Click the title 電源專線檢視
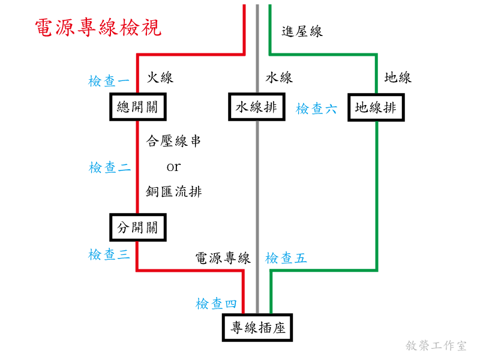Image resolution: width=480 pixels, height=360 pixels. pos(98,28)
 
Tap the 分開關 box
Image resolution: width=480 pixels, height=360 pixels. pos(137,228)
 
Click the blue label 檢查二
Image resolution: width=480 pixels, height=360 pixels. pos(109,168)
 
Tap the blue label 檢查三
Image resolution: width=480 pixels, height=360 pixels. pos(109,255)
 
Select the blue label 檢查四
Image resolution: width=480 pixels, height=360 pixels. pos(217,304)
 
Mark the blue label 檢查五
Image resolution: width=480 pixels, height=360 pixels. pos(286,259)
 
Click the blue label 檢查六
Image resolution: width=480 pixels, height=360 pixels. pos(316,109)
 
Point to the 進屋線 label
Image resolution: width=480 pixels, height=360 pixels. pos(302,32)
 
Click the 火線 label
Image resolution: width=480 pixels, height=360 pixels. pos(160,77)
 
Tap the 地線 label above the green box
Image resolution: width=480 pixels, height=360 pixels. pos(398,77)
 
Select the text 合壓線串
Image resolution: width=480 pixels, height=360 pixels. pos(174,141)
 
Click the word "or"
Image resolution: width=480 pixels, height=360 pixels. pos(173,167)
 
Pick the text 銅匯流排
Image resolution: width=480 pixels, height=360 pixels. pos(174,192)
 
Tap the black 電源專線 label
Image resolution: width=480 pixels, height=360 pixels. pos(223,259)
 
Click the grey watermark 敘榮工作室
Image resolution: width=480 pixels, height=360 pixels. pos(436,346)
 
